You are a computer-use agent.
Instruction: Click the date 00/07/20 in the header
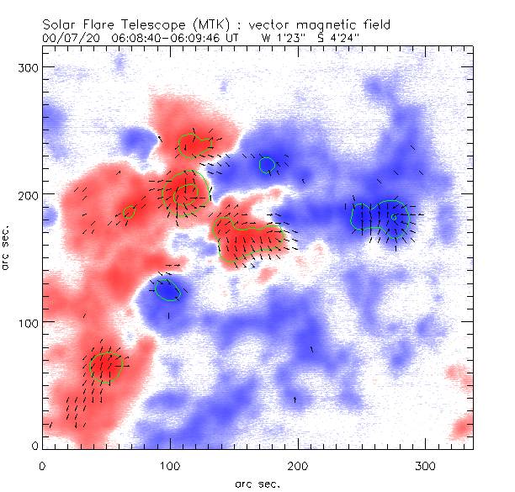click(67, 38)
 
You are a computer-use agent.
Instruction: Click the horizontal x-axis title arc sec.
click(256, 484)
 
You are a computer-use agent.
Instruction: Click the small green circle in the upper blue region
click(268, 165)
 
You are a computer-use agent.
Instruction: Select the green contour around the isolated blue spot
click(168, 289)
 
